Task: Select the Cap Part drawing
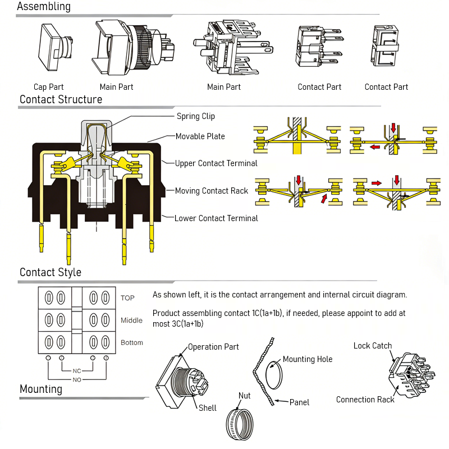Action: [53, 48]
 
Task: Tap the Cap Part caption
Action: [49, 87]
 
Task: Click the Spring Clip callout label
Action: [196, 116]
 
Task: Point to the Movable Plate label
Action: [200, 136]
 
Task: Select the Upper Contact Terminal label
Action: [216, 163]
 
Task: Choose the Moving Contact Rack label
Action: [212, 191]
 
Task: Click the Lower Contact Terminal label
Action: [216, 218]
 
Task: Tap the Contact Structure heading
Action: [61, 100]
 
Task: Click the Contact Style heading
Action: [51, 272]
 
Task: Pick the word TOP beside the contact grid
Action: [127, 298]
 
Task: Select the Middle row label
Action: [131, 320]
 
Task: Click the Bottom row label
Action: [132, 342]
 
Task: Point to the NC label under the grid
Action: [77, 371]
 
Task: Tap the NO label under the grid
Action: [77, 380]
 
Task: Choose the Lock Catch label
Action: [373, 346]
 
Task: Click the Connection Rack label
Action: [365, 400]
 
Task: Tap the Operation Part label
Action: [213, 347]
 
